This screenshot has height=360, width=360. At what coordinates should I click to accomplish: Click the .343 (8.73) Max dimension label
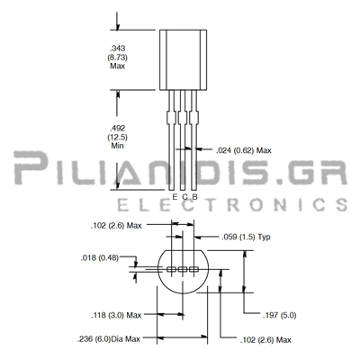pos(118,57)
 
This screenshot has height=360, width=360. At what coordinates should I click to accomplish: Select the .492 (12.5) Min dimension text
pos(118,137)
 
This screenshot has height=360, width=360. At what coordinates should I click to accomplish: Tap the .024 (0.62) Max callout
pos(244,150)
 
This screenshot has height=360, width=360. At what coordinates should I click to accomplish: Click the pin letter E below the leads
pos(175,197)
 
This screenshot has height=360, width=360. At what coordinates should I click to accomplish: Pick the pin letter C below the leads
pos(185,197)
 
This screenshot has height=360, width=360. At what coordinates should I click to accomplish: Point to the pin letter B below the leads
pos(194,197)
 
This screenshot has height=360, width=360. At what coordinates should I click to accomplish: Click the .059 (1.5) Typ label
pos(246,238)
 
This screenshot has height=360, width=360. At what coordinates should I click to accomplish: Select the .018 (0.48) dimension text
pos(100,258)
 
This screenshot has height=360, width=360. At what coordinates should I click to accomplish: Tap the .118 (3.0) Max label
pos(116,315)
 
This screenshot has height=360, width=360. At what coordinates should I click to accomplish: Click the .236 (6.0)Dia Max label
pos(109,339)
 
